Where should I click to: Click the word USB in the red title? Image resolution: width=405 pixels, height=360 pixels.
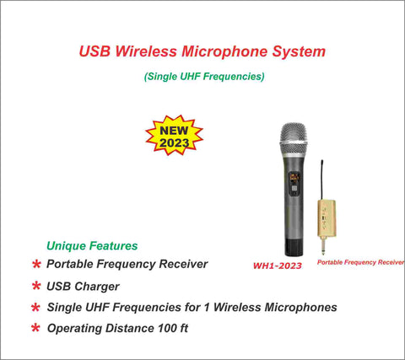[94, 51]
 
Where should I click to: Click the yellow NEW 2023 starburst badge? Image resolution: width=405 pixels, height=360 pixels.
[174, 135]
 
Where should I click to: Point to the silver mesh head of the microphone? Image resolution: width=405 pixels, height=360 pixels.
[294, 134]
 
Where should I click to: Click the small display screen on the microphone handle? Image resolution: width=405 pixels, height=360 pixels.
[294, 178]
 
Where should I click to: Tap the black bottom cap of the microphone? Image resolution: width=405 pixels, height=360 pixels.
[294, 247]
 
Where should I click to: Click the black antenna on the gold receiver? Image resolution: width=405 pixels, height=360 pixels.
[322, 180]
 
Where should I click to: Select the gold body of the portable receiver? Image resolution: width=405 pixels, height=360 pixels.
[327, 218]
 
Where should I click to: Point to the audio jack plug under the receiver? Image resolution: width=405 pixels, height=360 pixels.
[323, 245]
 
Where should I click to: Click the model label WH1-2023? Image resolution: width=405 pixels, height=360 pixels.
[278, 266]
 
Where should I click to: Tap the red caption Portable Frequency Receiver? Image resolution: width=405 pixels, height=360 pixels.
[360, 262]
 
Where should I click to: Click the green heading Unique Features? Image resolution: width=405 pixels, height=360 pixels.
[92, 245]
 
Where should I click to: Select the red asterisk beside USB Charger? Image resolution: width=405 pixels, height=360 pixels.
[36, 286]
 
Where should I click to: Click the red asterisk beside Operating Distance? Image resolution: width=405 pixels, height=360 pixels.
[35, 327]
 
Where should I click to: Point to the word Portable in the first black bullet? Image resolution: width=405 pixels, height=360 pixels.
[70, 264]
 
